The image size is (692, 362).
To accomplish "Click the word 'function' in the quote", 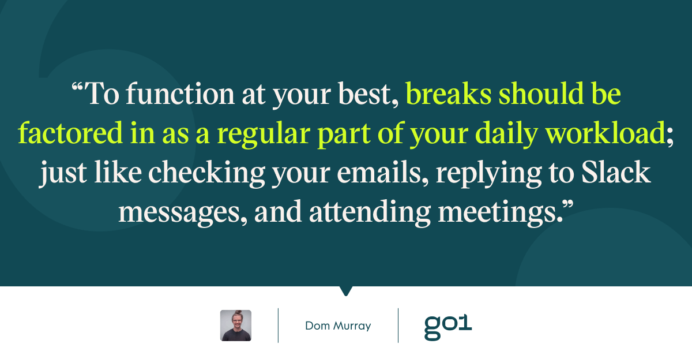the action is (x=180, y=94).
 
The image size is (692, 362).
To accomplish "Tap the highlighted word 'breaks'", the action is (x=448, y=94).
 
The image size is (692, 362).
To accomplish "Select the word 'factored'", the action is (x=70, y=133).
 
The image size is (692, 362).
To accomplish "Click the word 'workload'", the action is (x=605, y=133).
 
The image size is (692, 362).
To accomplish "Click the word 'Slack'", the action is (x=616, y=172).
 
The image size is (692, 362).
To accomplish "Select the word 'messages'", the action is (x=179, y=214).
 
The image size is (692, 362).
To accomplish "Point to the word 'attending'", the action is (x=370, y=214).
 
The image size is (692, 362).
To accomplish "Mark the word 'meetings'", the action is (x=497, y=214).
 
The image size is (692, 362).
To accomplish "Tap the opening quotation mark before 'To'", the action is (x=77, y=87).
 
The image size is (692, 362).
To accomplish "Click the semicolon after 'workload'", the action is (x=670, y=136).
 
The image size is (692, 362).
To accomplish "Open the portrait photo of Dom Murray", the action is (x=236, y=326).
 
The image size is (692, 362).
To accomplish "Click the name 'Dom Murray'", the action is (x=338, y=326).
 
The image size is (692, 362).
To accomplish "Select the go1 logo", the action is (x=448, y=327).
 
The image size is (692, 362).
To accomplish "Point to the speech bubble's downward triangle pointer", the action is (x=346, y=291).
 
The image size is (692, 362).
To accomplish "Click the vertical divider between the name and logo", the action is (x=398, y=326).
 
